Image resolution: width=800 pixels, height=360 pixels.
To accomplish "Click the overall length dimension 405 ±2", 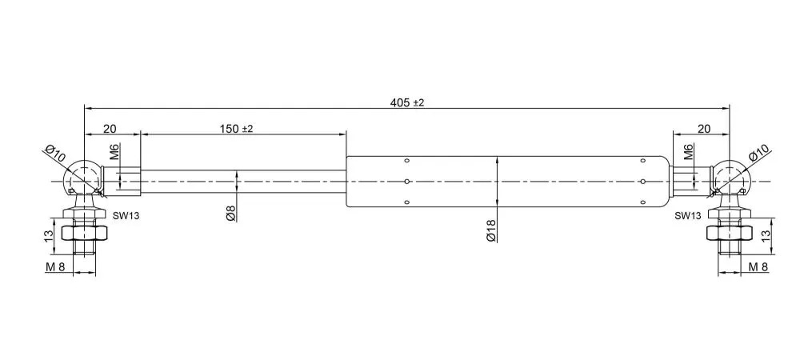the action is (x=407, y=102).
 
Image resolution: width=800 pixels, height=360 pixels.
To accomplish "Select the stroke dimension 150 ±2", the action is (x=236, y=129).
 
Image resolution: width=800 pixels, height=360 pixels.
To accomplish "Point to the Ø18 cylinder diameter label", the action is (x=491, y=231).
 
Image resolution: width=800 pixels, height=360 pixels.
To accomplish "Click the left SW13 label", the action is (x=126, y=216).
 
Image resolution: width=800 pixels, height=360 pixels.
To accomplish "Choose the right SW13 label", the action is (x=688, y=216).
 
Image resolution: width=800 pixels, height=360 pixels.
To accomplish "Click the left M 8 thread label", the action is (x=56, y=266).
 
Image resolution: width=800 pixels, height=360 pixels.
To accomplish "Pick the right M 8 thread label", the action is (x=758, y=266).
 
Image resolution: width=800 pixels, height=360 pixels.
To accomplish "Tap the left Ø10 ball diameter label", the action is (x=55, y=154).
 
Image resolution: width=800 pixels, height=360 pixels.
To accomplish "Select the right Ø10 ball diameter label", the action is (x=758, y=154).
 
